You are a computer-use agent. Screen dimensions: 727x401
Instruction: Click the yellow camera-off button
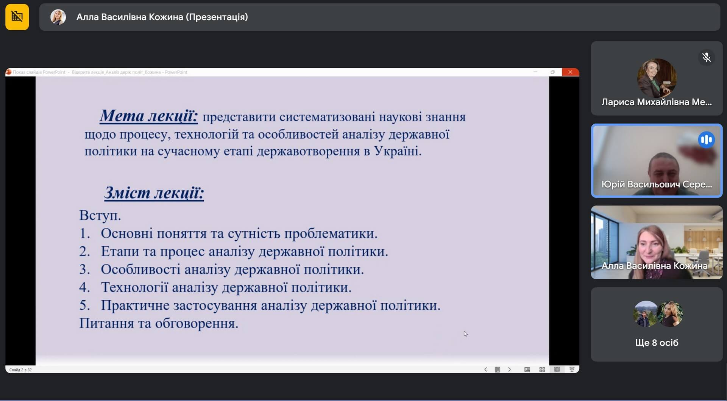(x=17, y=17)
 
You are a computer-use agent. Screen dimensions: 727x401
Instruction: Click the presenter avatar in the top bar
(x=58, y=17)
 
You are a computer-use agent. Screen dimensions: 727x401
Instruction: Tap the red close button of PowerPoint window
(x=570, y=72)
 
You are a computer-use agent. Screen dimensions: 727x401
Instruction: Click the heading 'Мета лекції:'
(x=149, y=116)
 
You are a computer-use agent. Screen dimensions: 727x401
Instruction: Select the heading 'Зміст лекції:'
(x=154, y=193)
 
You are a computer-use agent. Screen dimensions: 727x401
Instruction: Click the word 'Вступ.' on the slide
(x=100, y=216)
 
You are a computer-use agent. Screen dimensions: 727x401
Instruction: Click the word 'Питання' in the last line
(x=106, y=323)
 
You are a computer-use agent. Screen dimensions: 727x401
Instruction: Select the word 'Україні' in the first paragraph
(x=398, y=151)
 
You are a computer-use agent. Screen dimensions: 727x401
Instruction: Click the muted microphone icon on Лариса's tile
(x=706, y=58)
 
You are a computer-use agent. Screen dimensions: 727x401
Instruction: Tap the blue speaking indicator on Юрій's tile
(x=706, y=140)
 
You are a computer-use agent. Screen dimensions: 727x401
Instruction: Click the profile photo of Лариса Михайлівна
(x=657, y=78)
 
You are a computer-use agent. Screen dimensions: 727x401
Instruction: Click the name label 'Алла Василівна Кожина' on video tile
(x=654, y=266)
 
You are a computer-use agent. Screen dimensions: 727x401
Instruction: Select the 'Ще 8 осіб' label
(x=657, y=343)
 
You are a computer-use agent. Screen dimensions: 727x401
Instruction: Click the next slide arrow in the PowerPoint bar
(x=509, y=370)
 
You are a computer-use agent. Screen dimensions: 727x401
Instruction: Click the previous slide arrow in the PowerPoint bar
(x=485, y=370)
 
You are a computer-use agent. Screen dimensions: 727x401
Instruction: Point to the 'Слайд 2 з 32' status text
(x=20, y=370)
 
